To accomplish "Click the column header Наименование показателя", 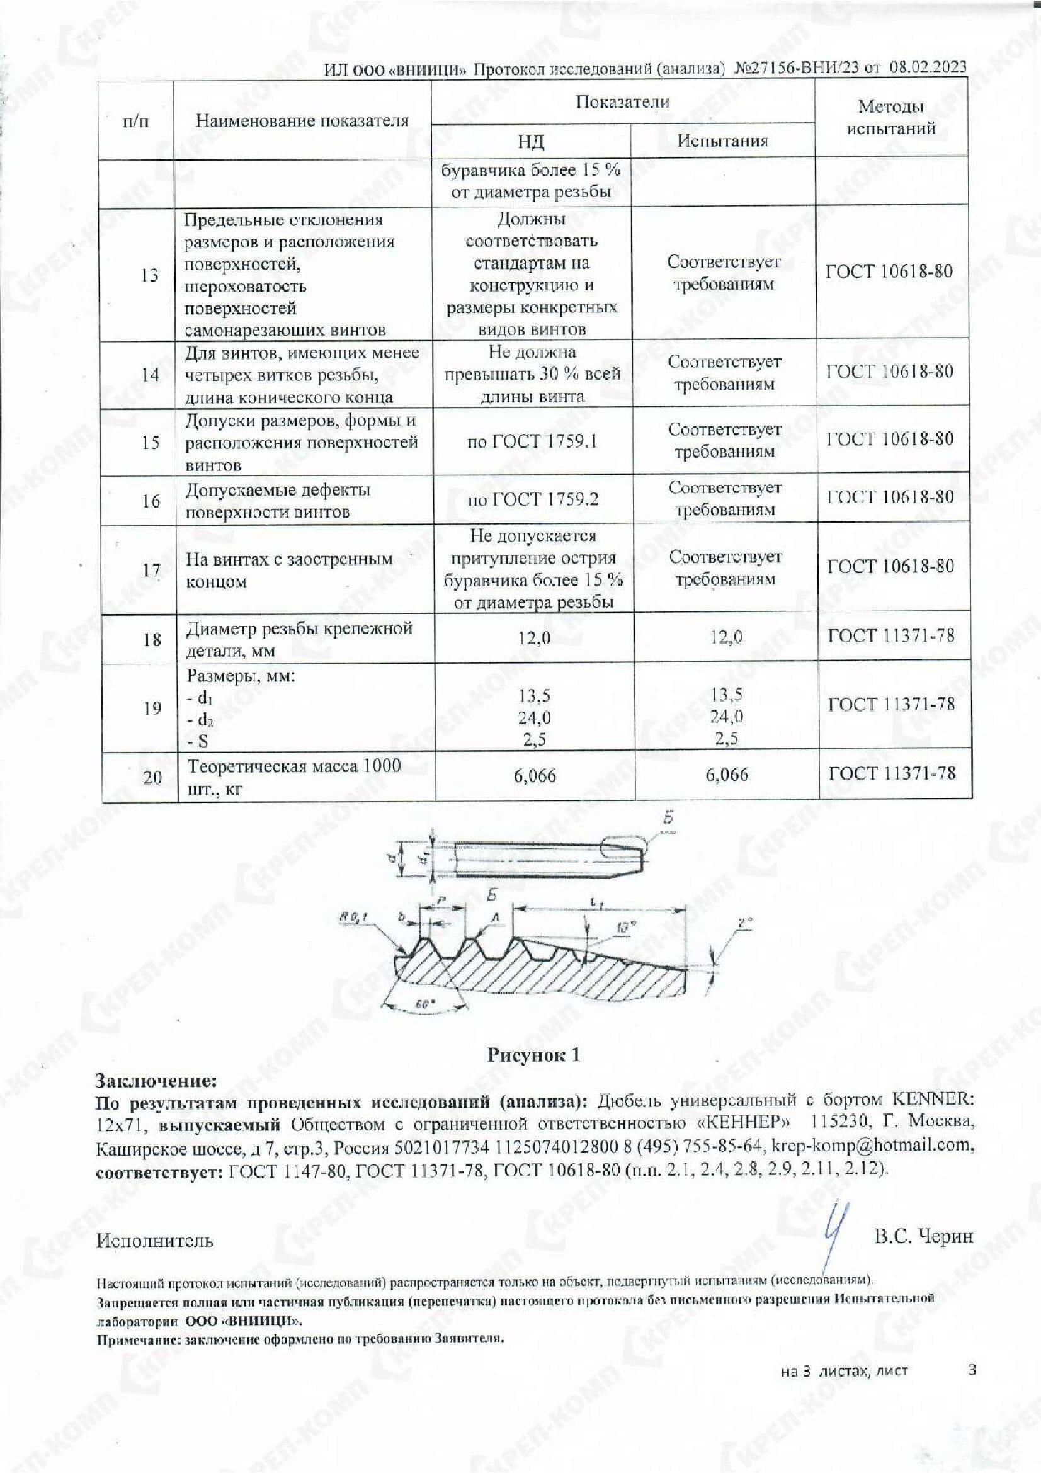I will pos(302,120).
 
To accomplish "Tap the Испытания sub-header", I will pos(723,140).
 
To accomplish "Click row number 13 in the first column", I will pos(149,275).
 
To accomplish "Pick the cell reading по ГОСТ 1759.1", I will pos(532,441).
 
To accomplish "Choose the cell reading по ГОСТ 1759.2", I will pos(533,499).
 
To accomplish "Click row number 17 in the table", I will pos(151,569).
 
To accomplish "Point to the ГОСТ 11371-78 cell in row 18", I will pos(892,636).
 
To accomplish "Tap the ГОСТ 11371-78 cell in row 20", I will pos(892,773).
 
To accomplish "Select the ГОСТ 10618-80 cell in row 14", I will pos(890,372).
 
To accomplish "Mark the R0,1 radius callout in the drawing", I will pos(353,919).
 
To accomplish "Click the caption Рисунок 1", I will pos(533,1055).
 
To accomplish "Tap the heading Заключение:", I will pos(157,1081).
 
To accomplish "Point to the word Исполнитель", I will pos(154,1240).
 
